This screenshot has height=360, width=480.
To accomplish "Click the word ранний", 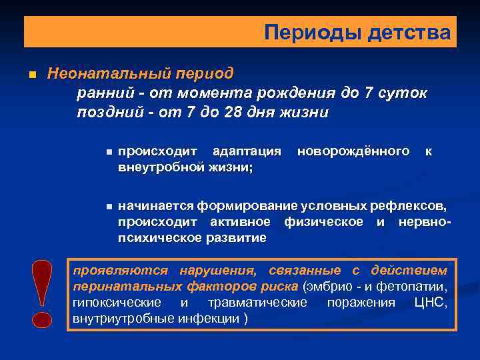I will point(103,93).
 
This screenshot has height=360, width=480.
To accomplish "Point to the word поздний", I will point(108,113).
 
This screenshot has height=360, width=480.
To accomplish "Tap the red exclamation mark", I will point(42,293).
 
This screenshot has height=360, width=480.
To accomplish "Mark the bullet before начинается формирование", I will point(109,207).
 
